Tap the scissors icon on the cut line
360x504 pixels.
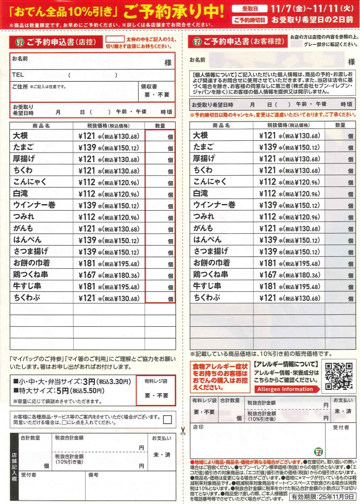pos(182,431)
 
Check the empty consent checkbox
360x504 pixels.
pos(168,419)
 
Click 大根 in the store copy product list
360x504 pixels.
pos(22,136)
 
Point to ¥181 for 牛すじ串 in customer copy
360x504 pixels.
pos(268,286)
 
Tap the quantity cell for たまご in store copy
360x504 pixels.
pos(160,148)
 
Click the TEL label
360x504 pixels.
pos(18,75)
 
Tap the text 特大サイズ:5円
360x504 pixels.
pos(40,391)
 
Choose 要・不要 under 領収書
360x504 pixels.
pos(156,94)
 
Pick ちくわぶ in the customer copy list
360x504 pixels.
pos(206,298)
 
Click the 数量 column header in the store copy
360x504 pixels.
pos(160,126)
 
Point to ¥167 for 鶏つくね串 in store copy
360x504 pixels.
pos(89,275)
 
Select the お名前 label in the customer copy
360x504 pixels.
pos(197,60)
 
